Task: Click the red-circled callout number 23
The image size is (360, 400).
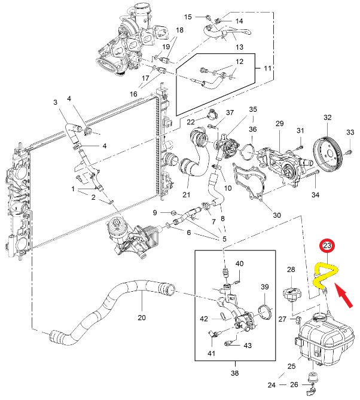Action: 327,246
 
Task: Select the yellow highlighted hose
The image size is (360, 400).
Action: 325,276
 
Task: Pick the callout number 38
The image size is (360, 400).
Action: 234,372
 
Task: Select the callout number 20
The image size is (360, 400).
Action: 142,317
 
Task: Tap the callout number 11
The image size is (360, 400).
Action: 267,68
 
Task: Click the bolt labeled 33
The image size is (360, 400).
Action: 349,152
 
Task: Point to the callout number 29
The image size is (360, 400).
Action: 280,124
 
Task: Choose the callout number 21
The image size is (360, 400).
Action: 186,194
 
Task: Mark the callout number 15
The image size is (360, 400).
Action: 188,17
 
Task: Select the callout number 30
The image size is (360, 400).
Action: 277,215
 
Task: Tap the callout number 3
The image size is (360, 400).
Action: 56,102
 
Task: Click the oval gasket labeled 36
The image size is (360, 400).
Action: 248,152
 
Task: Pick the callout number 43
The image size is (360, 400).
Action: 248,346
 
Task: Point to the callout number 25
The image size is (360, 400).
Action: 291,367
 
